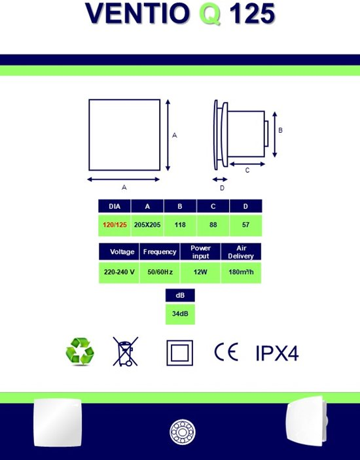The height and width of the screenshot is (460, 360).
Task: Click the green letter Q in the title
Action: click(209, 14)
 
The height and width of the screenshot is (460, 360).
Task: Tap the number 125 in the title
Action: click(252, 13)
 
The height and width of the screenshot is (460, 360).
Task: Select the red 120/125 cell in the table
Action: click(115, 225)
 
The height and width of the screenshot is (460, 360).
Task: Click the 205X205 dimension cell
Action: click(147, 225)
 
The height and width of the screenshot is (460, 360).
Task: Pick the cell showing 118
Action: click(180, 225)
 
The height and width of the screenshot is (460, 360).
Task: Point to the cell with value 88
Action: click(213, 225)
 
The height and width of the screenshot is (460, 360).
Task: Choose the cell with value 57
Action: click(246, 225)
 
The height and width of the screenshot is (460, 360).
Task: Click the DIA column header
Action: click(115, 206)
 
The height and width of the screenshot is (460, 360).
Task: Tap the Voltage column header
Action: click(119, 252)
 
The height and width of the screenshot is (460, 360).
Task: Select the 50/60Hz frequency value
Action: click(160, 272)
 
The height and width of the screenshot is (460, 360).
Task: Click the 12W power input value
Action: click(200, 272)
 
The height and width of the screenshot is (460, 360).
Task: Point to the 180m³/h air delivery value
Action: click(241, 272)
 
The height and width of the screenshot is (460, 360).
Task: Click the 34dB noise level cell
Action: click(180, 314)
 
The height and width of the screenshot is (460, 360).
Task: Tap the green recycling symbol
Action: click(80, 351)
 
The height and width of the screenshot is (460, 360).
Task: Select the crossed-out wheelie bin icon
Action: click(126, 351)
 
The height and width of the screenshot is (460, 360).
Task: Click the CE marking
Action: click(226, 352)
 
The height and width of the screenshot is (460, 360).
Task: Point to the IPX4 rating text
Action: click(278, 353)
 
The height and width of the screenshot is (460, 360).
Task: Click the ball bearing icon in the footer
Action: click(183, 432)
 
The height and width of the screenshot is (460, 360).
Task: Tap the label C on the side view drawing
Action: click(247, 170)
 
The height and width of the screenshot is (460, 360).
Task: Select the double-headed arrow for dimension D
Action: click(220, 179)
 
